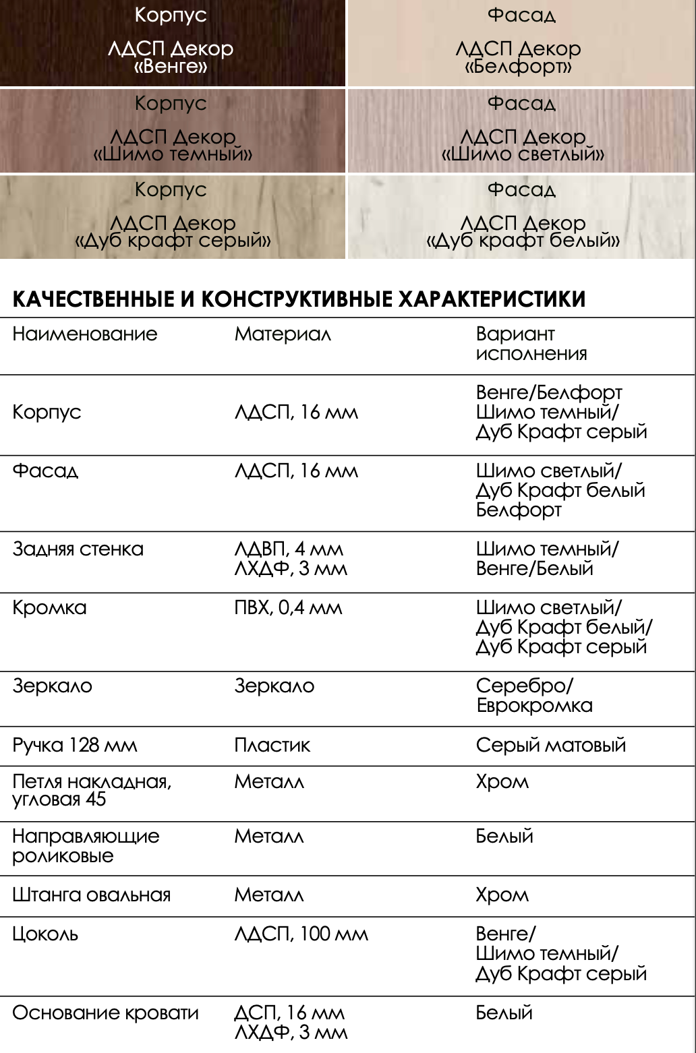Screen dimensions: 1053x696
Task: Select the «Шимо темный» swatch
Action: tap(171, 129)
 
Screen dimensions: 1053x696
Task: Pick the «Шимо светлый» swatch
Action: tap(521, 129)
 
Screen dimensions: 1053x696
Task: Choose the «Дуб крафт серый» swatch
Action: tap(171, 216)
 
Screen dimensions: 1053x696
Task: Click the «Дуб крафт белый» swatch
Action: tap(521, 216)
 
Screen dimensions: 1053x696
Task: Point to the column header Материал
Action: tap(283, 334)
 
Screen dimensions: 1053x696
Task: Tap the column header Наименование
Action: tap(84, 334)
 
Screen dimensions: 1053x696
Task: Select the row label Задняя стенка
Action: tap(78, 549)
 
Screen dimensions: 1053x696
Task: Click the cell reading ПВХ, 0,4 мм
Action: tap(288, 607)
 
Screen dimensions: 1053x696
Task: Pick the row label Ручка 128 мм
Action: tap(74, 745)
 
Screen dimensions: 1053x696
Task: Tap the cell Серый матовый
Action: tap(550, 745)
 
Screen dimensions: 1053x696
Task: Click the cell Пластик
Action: tap(272, 745)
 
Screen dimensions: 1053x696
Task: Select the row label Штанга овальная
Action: tap(91, 895)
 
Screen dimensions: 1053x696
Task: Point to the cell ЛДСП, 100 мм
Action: tap(301, 934)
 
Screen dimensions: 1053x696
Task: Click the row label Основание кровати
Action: tap(105, 1013)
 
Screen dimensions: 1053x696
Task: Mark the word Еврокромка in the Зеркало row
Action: tap(534, 706)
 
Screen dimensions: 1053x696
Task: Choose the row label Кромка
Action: tap(49, 607)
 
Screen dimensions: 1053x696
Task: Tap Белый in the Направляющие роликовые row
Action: tap(504, 837)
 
